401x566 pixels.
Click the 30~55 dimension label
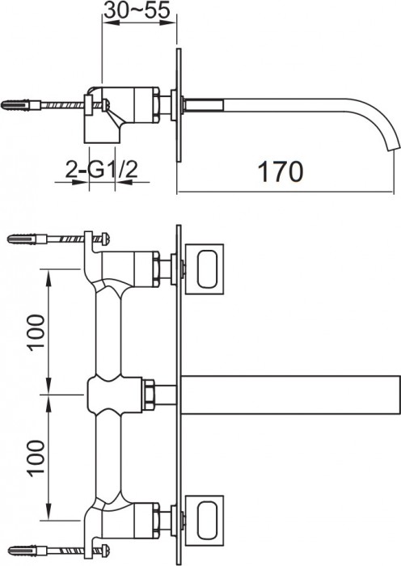137,11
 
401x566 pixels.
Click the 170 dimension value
280,172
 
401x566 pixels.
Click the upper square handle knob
209,265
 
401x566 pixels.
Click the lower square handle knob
209,522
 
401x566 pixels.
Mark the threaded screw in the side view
61,105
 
